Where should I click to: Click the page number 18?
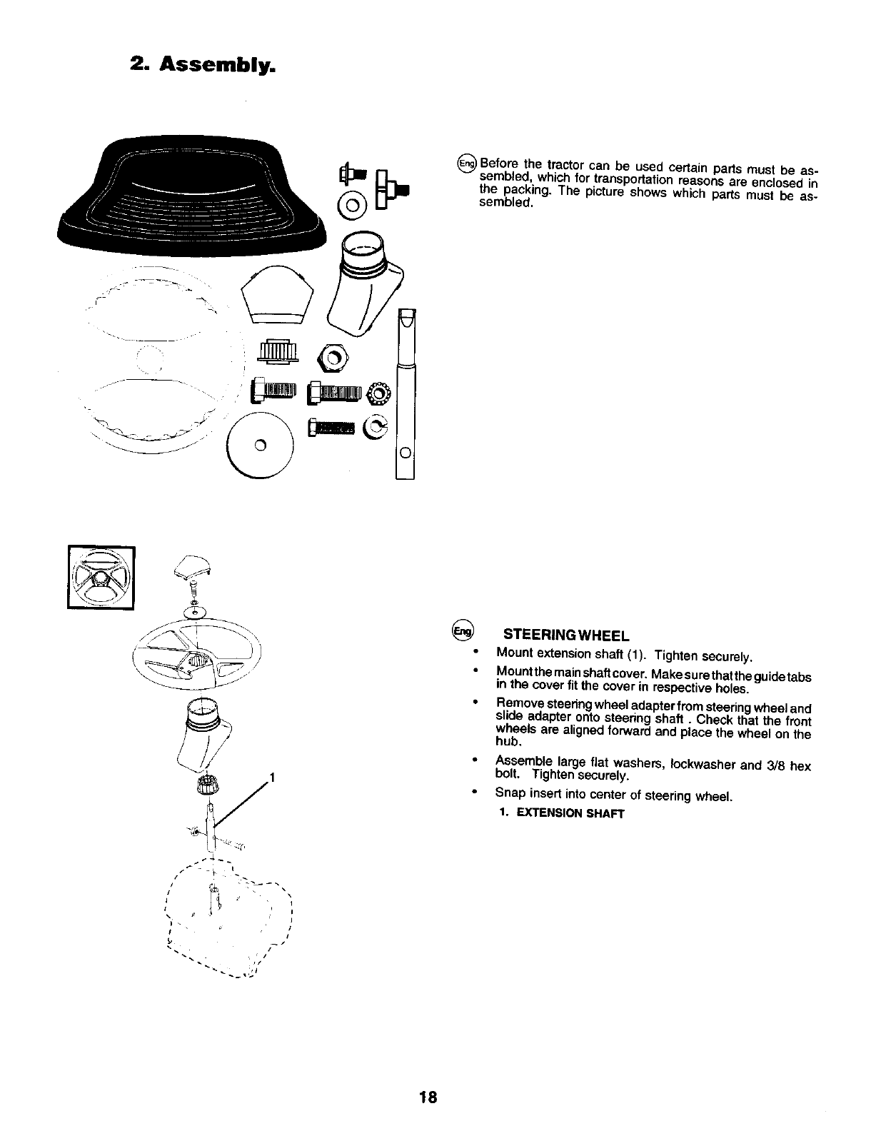(428, 1096)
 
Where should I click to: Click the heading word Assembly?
(217, 66)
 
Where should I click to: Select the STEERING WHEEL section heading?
(565, 634)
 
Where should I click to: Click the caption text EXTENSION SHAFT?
(570, 813)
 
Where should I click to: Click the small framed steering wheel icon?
(101, 577)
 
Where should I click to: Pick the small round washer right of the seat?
(355, 208)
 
